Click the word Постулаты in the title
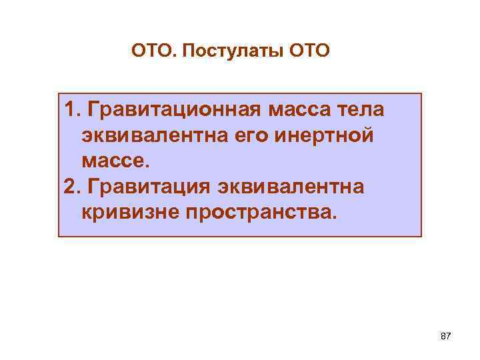click(x=235, y=50)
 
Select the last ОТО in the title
click(x=309, y=50)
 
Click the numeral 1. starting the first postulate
click(x=73, y=109)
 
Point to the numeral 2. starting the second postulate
click(x=73, y=187)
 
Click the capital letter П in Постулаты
click(x=187, y=50)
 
